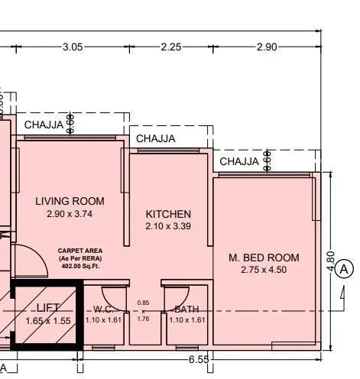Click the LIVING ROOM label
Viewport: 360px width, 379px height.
tap(70, 202)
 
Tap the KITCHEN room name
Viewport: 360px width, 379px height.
tap(168, 214)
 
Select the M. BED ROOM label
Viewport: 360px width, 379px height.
tap(264, 258)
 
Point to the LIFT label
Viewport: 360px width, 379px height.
tap(47, 309)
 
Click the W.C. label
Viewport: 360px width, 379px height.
tap(105, 309)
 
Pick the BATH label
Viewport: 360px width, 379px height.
tap(187, 309)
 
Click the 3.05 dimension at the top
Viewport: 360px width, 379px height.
tap(73, 47)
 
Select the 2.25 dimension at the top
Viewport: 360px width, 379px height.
tap(171, 47)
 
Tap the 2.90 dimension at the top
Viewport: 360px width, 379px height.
tap(267, 47)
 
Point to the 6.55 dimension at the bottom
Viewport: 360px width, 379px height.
tap(199, 358)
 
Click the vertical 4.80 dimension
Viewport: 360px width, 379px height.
tap(331, 262)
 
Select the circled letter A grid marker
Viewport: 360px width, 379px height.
tap(345, 269)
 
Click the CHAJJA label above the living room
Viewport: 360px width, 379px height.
tap(44, 125)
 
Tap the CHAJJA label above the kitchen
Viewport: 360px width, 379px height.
tap(156, 138)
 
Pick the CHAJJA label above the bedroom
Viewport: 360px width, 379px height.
tap(239, 161)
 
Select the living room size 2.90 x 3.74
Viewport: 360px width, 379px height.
tap(70, 215)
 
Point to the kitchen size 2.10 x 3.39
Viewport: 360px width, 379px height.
tap(168, 227)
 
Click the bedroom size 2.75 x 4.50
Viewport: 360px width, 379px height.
tap(264, 270)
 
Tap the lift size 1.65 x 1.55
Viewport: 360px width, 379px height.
tap(47, 321)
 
